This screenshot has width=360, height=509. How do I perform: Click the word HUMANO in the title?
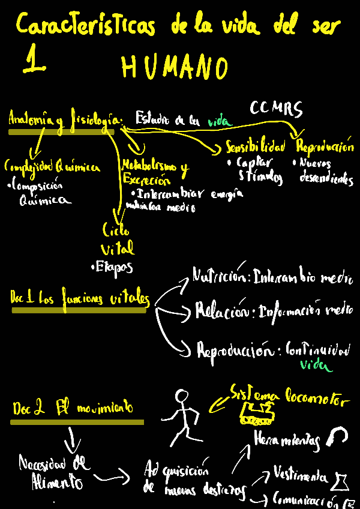pyautogui.click(x=175, y=67)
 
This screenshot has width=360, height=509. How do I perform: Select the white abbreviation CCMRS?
pyautogui.click(x=276, y=109)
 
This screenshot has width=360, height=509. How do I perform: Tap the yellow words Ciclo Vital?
pyautogui.click(x=118, y=239)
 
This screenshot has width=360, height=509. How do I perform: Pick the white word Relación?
pyautogui.click(x=221, y=311)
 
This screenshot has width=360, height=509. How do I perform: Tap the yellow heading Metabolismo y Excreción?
pyautogui.click(x=154, y=172)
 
